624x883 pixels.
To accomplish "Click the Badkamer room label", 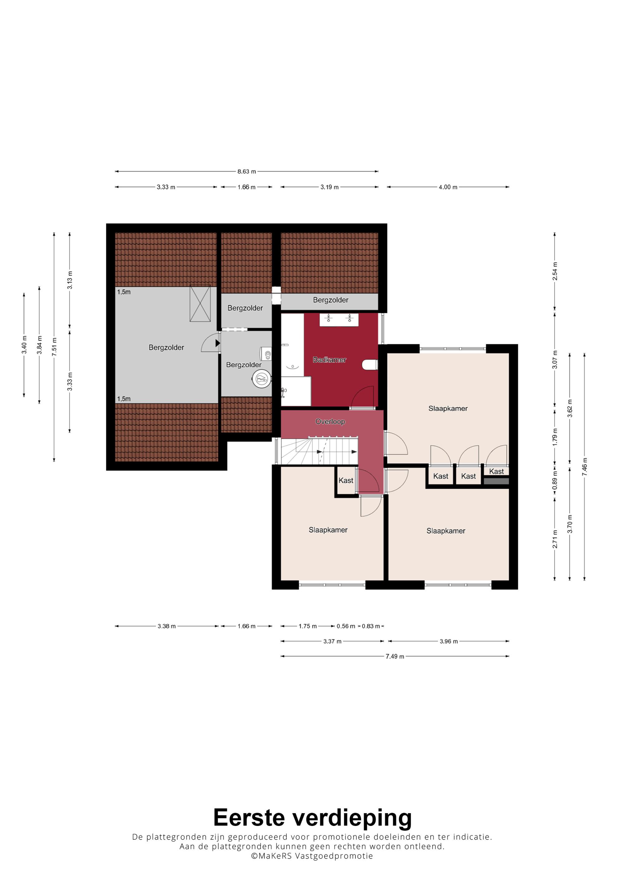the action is click(329, 360).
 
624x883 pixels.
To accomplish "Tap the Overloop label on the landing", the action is click(330, 422).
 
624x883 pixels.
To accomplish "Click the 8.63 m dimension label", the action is click(246, 172).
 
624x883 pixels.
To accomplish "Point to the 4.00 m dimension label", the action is click(448, 187).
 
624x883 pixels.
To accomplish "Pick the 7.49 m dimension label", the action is click(395, 656).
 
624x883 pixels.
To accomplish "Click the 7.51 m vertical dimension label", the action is click(54, 347).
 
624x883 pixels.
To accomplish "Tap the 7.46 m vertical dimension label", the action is click(584, 467).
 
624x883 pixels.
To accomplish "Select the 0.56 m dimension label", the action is click(346, 626).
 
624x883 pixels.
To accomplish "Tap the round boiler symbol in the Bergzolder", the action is click(262, 379).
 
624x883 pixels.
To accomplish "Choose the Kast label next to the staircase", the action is click(346, 480).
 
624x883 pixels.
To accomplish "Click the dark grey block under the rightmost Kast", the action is click(496, 481).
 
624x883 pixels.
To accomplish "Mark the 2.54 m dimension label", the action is click(555, 271).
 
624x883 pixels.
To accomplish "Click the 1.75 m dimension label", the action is click(308, 626).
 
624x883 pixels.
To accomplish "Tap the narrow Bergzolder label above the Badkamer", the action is click(331, 300).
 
